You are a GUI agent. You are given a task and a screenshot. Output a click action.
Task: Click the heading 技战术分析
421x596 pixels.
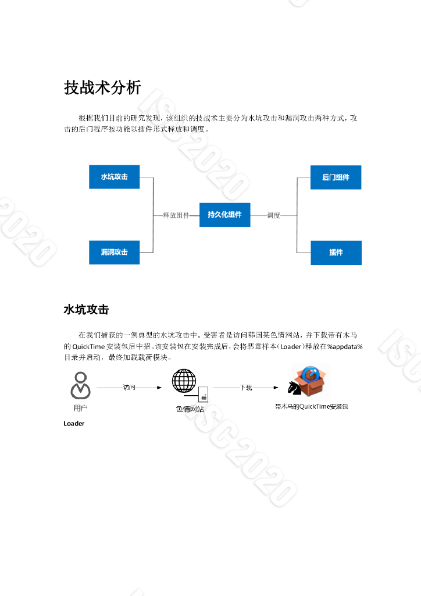(102, 88)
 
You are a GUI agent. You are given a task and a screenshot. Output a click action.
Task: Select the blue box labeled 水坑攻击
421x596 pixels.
(114, 176)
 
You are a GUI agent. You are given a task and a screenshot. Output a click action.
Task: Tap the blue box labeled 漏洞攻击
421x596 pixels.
(114, 252)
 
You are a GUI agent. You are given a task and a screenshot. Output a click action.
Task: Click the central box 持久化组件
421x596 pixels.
(224, 215)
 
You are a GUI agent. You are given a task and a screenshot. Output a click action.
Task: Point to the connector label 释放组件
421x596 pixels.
(176, 215)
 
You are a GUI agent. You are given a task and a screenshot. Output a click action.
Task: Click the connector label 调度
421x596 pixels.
(274, 215)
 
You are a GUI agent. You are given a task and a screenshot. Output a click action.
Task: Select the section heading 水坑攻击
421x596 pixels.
(86, 310)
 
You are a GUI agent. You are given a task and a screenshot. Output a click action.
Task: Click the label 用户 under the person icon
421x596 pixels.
(81, 408)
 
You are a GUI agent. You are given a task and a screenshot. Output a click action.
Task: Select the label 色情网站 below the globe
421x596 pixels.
(190, 409)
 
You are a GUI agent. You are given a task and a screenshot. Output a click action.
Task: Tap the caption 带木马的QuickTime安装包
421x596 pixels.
(311, 407)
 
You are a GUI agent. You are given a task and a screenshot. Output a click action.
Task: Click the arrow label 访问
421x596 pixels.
(129, 387)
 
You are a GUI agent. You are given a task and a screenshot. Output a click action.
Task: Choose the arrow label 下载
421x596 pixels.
(246, 387)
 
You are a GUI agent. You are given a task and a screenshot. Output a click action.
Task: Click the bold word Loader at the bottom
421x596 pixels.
(74, 424)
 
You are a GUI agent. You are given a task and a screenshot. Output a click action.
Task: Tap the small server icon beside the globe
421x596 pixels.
(204, 394)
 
